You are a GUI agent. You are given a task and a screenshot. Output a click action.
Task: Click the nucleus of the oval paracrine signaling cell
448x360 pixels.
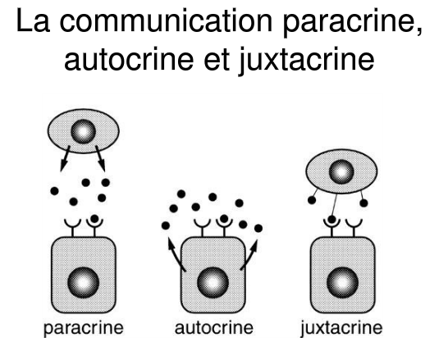click(85, 130)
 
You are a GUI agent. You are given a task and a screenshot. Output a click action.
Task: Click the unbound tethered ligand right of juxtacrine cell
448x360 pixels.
click(363, 202)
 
